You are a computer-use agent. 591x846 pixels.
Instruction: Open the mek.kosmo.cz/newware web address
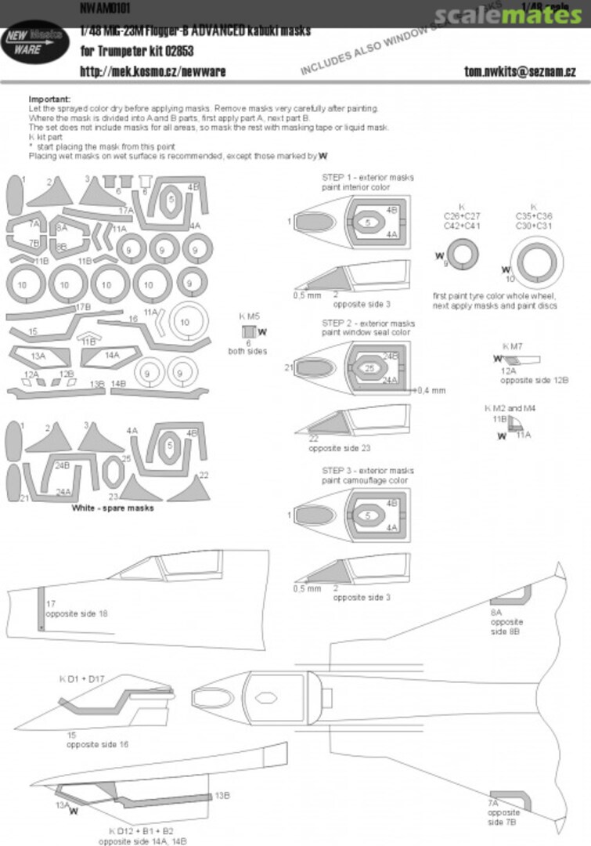click(x=153, y=71)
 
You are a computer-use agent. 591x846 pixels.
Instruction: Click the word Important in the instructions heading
click(x=49, y=99)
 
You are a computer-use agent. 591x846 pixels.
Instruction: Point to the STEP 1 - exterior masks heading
click(x=368, y=178)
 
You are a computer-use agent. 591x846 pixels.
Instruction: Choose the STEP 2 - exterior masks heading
click(x=368, y=324)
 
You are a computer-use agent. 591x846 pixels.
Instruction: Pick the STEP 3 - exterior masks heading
click(x=368, y=470)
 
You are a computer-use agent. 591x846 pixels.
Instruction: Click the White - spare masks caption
click(x=113, y=508)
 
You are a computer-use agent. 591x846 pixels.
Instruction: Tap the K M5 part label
click(x=250, y=316)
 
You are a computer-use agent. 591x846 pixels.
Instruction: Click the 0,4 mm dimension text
click(x=432, y=390)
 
